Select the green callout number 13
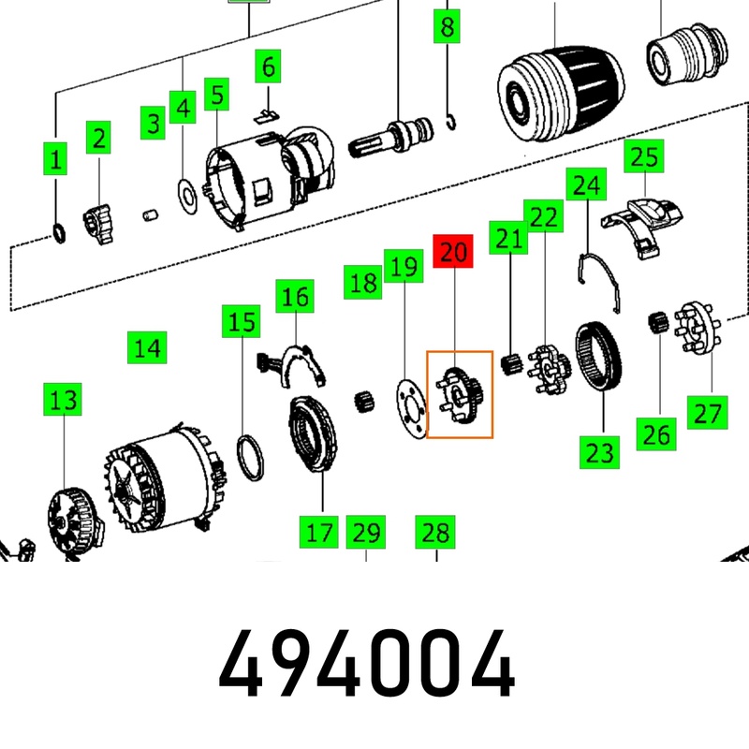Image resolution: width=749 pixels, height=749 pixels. (64, 402)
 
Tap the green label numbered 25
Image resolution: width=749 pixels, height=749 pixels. (643, 156)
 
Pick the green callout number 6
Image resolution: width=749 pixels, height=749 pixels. (268, 66)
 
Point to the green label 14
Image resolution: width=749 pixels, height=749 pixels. (146, 348)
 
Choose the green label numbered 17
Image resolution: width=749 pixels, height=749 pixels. (319, 533)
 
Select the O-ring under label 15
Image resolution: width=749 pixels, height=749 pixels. (249, 456)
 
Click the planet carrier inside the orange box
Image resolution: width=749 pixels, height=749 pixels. (460, 394)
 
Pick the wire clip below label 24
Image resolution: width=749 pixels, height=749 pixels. (598, 281)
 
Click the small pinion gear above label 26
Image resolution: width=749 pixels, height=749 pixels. (659, 324)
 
